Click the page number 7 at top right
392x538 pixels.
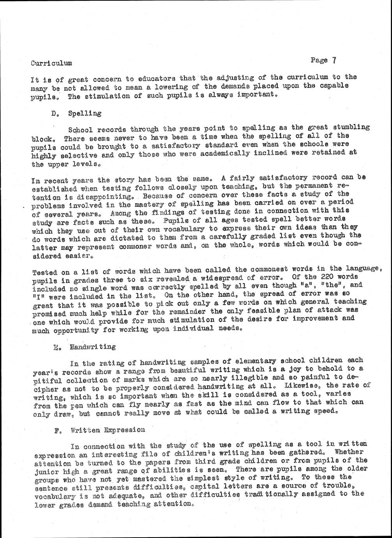pos(334,60)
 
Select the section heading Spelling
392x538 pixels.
pos(85,113)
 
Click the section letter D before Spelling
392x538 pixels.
pos(53,114)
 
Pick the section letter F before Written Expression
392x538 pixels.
pos(57,430)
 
